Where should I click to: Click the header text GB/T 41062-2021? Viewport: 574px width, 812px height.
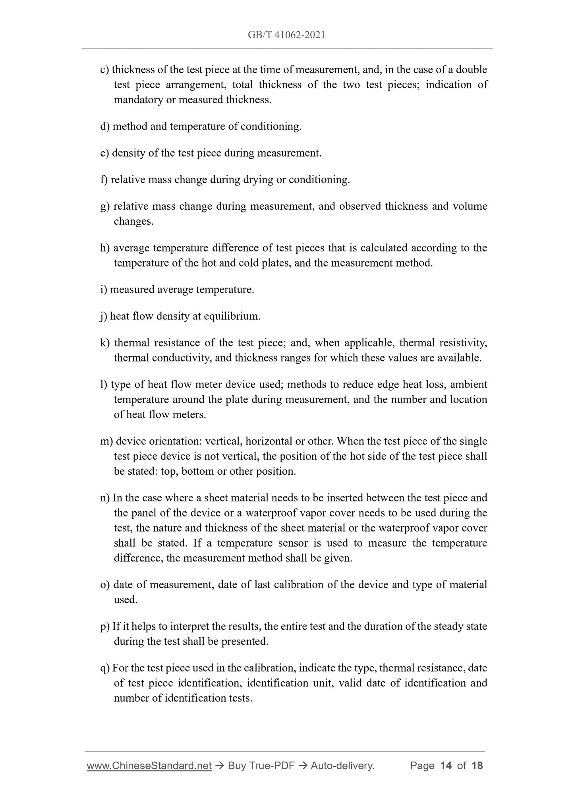click(x=286, y=35)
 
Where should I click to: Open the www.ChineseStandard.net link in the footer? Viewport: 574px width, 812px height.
click(x=149, y=766)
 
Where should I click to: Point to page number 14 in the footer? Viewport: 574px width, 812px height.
click(x=446, y=766)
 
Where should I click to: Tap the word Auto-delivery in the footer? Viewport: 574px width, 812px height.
click(x=342, y=766)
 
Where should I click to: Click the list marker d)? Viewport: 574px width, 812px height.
click(x=105, y=127)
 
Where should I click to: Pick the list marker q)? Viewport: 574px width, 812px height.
click(x=105, y=668)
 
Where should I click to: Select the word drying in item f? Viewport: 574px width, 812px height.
click(x=258, y=180)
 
